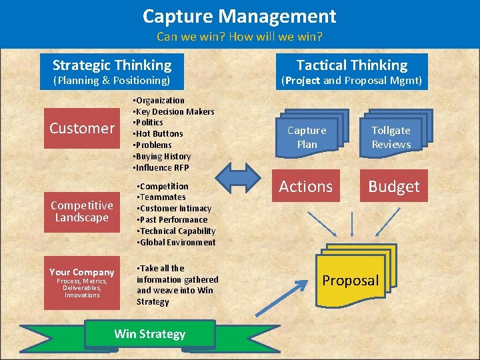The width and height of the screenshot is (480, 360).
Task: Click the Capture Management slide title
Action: tap(239, 16)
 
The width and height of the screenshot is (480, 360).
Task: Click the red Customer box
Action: tap(82, 128)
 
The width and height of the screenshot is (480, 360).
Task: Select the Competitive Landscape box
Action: tap(82, 211)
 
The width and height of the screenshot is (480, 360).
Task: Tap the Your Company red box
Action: tap(82, 281)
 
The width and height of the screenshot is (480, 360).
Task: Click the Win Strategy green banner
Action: tap(149, 334)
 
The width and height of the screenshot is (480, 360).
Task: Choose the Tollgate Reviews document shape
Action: tap(391, 137)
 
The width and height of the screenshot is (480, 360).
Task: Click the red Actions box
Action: tap(306, 187)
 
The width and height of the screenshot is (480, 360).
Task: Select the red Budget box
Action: tap(394, 187)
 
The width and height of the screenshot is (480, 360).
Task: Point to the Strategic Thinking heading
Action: tap(112, 65)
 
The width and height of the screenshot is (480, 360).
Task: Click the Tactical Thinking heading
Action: tap(351, 65)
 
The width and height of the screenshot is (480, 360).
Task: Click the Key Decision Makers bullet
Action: tap(174, 111)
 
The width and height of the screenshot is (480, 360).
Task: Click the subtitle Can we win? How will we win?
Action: tap(239, 37)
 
